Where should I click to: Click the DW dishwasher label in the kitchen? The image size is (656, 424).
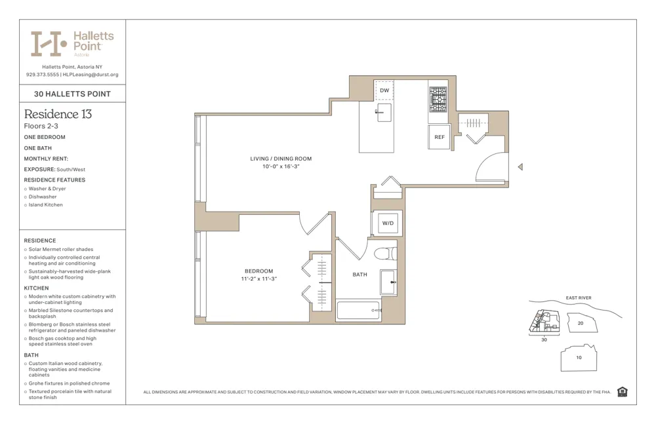(384, 90)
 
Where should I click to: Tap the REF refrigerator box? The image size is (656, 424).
(439, 137)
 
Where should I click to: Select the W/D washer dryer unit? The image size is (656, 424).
(388, 223)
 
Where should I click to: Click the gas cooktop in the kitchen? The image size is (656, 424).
(438, 100)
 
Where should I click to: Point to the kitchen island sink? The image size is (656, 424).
(384, 113)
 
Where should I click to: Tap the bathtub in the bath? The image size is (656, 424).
(358, 310)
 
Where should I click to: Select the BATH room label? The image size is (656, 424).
(359, 275)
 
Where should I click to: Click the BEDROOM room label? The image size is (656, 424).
(258, 271)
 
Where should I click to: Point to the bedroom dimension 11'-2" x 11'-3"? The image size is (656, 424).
(258, 279)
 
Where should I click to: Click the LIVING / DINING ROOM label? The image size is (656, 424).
(281, 159)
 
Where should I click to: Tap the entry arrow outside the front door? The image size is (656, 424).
(520, 167)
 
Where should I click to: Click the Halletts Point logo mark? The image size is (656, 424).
(49, 44)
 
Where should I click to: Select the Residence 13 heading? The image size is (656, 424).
(58, 114)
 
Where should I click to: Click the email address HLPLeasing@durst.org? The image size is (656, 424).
(91, 75)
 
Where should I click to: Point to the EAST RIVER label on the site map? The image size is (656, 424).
(578, 298)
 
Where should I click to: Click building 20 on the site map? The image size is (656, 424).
(580, 323)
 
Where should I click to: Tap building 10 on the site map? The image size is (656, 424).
(579, 358)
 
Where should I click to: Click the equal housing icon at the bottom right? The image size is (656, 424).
(622, 392)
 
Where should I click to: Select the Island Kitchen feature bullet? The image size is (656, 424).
(45, 205)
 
